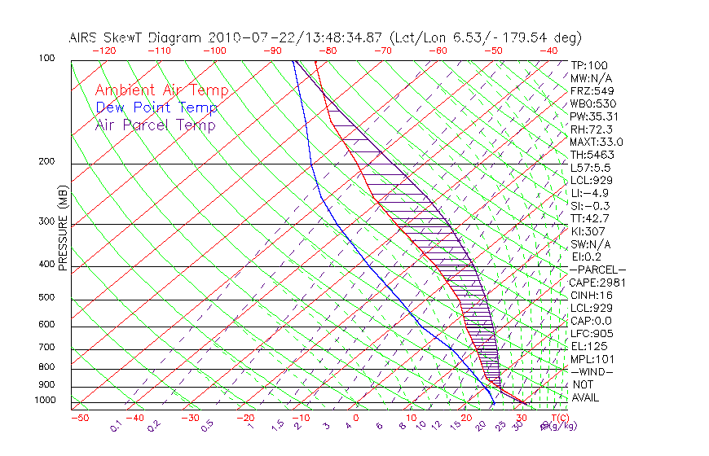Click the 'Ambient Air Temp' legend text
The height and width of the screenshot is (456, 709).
[x=161, y=90]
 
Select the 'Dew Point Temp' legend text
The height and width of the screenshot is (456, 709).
[x=156, y=107]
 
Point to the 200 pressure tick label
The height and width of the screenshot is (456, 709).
[x=47, y=162]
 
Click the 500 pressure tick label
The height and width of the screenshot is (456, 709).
[x=47, y=298]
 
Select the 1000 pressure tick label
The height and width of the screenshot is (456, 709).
[x=45, y=401]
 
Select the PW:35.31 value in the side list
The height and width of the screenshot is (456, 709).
[x=593, y=116]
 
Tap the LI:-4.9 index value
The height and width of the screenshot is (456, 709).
[x=590, y=193]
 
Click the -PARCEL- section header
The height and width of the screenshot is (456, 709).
[x=597, y=270]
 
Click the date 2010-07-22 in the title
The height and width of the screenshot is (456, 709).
[x=245, y=37]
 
